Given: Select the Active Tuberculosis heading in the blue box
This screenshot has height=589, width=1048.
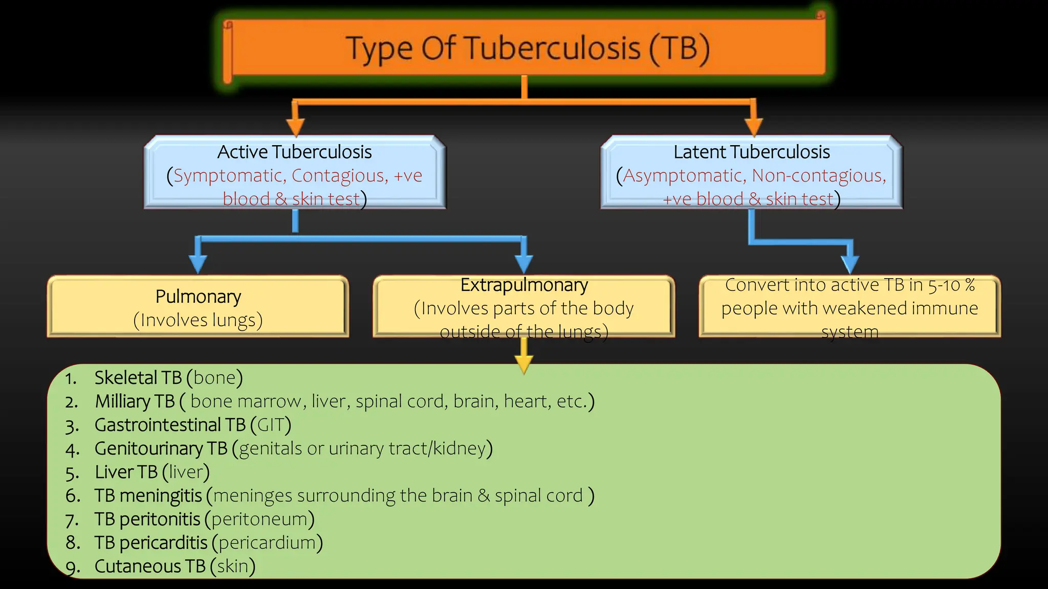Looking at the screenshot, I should click(x=294, y=152).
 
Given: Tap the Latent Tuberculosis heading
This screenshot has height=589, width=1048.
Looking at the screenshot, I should click(x=751, y=152).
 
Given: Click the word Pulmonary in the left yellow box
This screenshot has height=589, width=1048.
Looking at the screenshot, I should click(x=198, y=297).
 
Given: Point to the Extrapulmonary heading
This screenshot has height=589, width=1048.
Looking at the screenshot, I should click(x=524, y=285).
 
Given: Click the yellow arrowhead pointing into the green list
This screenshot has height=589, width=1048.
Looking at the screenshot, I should click(x=523, y=364).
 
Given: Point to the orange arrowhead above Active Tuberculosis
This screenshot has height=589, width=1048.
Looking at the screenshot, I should click(x=295, y=127).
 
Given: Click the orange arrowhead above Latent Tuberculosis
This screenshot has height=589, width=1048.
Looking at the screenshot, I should click(x=753, y=127).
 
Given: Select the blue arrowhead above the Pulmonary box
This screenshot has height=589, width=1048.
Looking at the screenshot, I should click(x=198, y=264).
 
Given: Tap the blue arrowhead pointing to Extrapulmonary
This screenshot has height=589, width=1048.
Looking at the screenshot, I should click(x=523, y=264).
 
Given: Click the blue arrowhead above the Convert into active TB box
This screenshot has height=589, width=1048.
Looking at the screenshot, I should click(x=849, y=264).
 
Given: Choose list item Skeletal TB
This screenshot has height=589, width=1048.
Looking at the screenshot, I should click(x=138, y=378).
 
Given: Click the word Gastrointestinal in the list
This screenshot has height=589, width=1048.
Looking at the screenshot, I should click(x=158, y=425).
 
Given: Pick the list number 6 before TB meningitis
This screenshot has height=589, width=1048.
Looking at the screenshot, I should click(x=72, y=496).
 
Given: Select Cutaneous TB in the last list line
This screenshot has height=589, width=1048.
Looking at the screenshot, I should click(x=150, y=567).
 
